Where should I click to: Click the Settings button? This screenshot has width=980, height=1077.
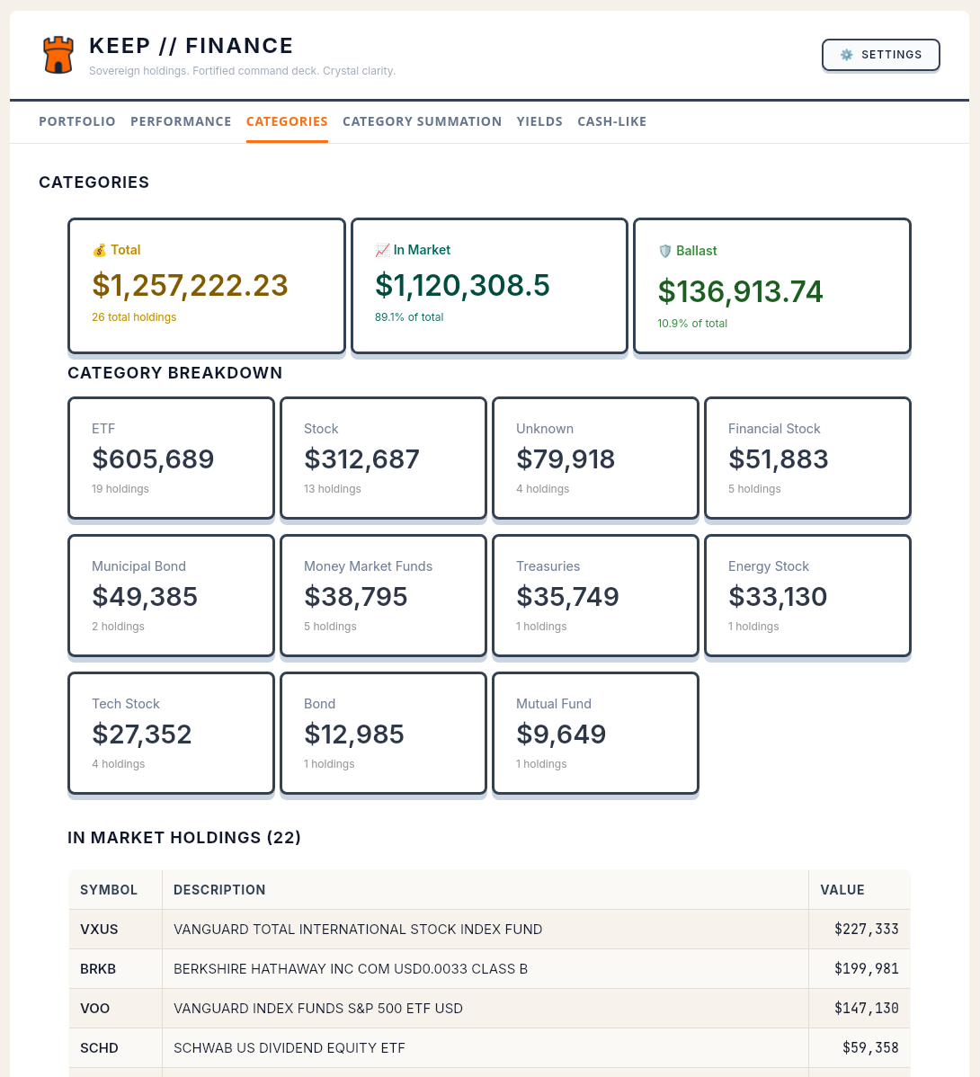(881, 55)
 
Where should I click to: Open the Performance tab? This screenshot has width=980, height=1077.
(181, 121)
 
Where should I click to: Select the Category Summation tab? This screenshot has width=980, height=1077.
(422, 121)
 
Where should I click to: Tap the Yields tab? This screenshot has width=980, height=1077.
(539, 121)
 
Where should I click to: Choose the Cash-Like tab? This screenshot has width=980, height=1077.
(611, 121)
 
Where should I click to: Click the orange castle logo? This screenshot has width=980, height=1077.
(58, 55)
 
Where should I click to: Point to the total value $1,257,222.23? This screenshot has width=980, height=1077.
(190, 285)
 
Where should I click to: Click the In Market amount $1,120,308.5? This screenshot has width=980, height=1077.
(462, 285)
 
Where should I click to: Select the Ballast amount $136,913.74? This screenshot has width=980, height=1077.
(740, 291)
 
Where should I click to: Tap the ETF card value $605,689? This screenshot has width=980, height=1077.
(153, 459)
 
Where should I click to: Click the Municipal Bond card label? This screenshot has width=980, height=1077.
(138, 566)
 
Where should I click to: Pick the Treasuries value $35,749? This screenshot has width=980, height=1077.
(567, 597)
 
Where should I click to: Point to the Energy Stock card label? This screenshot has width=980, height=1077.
(768, 566)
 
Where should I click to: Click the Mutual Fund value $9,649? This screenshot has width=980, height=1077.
(561, 734)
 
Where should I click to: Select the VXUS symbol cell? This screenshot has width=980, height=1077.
(99, 930)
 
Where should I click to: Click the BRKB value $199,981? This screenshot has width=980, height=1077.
(866, 969)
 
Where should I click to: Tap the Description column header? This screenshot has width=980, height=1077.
(219, 890)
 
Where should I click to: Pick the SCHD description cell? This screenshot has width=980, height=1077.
(289, 1048)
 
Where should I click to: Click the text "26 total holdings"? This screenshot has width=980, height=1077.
(134, 317)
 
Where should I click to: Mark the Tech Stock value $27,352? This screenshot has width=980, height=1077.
(142, 734)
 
